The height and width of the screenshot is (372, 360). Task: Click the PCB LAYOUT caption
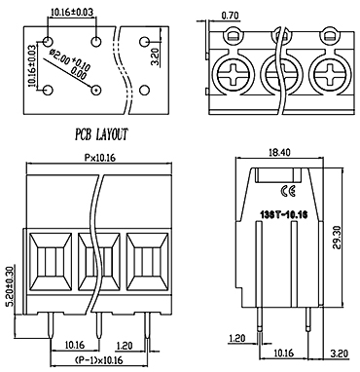[x=101, y=134]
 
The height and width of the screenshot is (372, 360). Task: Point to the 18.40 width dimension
[x=279, y=152]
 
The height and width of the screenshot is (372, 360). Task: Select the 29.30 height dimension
[x=337, y=237]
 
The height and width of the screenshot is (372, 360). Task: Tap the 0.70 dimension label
[x=230, y=16]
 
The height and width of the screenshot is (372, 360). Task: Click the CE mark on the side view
[x=287, y=192]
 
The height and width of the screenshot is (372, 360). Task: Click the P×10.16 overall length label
[x=100, y=158]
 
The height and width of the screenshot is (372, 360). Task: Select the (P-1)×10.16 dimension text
[x=98, y=360]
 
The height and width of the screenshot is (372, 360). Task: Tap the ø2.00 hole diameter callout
[x=70, y=64]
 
